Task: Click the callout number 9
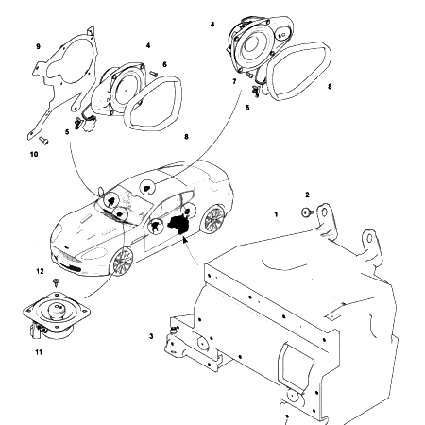click(x=37, y=45)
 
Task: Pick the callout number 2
click(x=308, y=195)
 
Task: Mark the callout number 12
click(x=40, y=271)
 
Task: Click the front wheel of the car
click(x=121, y=263)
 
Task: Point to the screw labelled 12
click(x=57, y=281)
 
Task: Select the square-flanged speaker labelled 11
click(x=58, y=314)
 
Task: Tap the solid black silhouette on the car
click(x=177, y=223)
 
